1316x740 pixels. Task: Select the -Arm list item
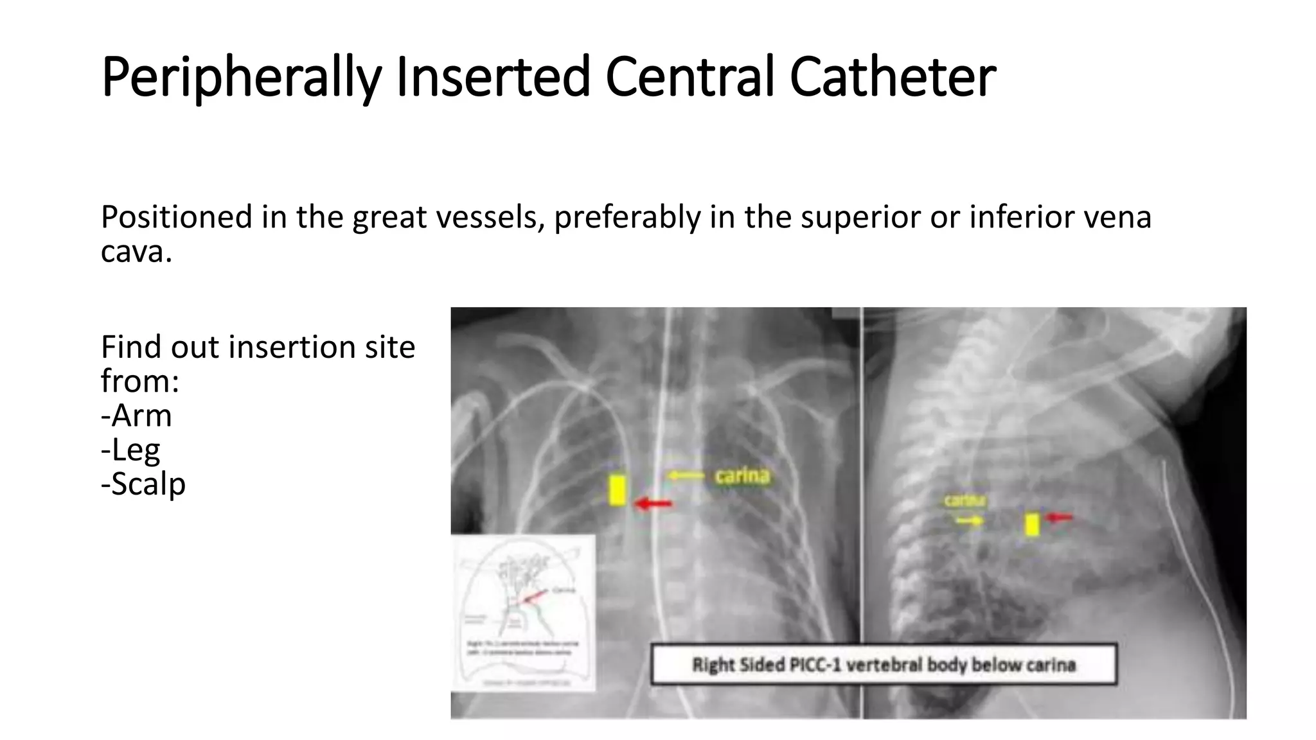136,416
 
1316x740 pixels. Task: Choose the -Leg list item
130,450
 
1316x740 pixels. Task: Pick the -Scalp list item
143,484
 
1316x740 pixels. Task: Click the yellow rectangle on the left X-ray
618,490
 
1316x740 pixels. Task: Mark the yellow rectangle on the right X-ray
1032,524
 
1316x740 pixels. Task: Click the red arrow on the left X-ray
653,504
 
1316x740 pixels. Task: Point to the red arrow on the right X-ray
1059,516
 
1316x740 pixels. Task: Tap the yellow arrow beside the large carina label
686,476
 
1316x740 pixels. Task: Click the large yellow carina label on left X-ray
742,476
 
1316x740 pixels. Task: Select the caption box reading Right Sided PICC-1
884,664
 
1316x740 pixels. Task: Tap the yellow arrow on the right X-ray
969,521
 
